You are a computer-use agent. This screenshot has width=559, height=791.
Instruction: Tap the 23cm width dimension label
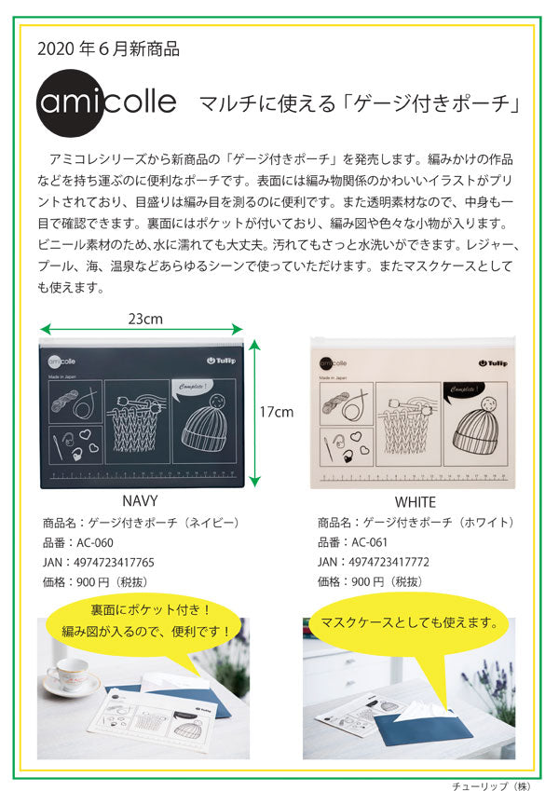coord(145,318)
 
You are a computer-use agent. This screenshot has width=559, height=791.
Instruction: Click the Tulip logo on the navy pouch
coord(221,361)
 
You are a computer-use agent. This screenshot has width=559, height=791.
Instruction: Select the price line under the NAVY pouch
coord(94,581)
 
